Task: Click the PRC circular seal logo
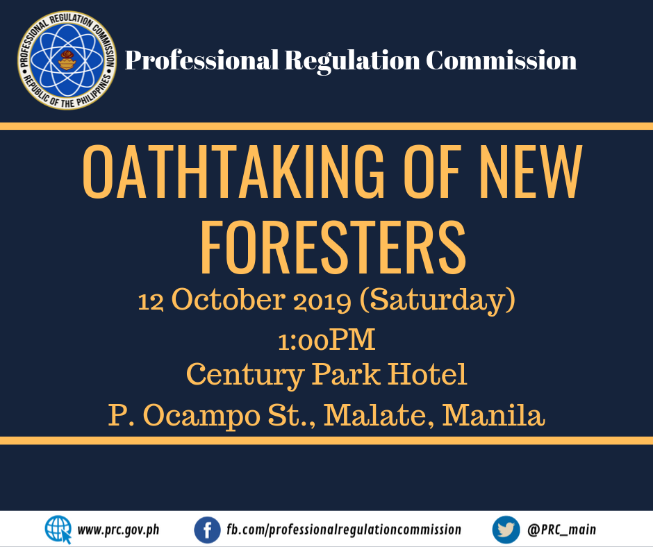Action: pyautogui.click(x=67, y=60)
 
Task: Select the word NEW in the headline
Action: pyautogui.click(x=530, y=171)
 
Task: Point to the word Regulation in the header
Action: pyautogui.click(x=352, y=61)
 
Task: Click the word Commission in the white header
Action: pyautogui.click(x=502, y=60)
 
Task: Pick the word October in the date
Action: pyautogui.click(x=229, y=299)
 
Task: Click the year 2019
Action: pyautogui.click(x=322, y=301)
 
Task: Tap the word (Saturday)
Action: pyautogui.click(x=437, y=300)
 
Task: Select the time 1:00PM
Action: pyautogui.click(x=326, y=339)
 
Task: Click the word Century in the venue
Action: pyautogui.click(x=245, y=376)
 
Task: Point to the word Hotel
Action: pyautogui.click(x=428, y=374)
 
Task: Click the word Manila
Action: pyautogui.click(x=493, y=414)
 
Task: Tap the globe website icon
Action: pyautogui.click(x=58, y=530)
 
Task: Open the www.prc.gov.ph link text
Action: pyautogui.click(x=118, y=530)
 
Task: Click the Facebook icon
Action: pyautogui.click(x=208, y=530)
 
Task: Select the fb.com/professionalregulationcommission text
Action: pyautogui.click(x=344, y=530)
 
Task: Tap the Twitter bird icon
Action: pyautogui.click(x=506, y=530)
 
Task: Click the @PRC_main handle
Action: pyautogui.click(x=562, y=530)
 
